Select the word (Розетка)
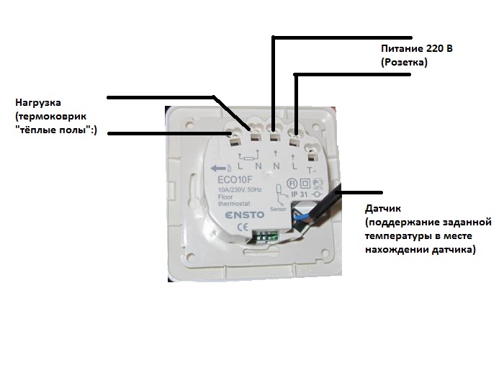(404, 63)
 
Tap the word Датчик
(382, 210)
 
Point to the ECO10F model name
(232, 180)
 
